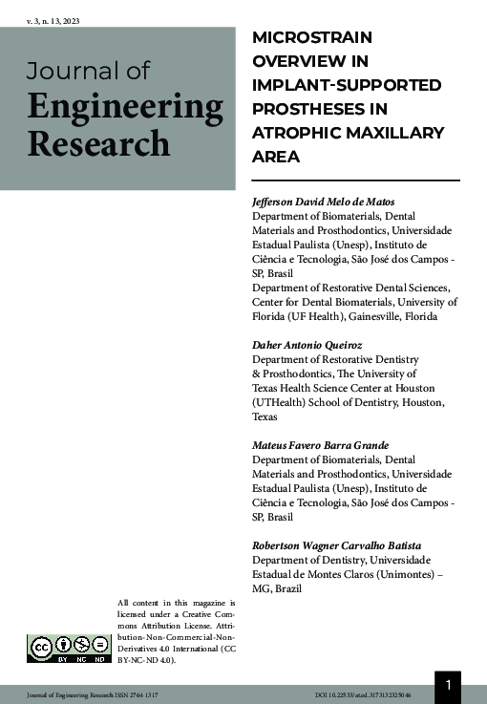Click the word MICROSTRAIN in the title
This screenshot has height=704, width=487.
point(311,38)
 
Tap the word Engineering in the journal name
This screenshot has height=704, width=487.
point(125,106)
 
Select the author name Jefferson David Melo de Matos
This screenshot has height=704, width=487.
point(328,203)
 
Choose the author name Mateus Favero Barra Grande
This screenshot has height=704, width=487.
point(319,445)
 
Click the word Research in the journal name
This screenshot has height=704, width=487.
point(98,143)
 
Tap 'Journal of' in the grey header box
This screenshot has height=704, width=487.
point(88,71)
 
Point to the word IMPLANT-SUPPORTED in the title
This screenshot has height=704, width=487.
point(346,85)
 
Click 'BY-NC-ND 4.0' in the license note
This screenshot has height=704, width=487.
point(147,660)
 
